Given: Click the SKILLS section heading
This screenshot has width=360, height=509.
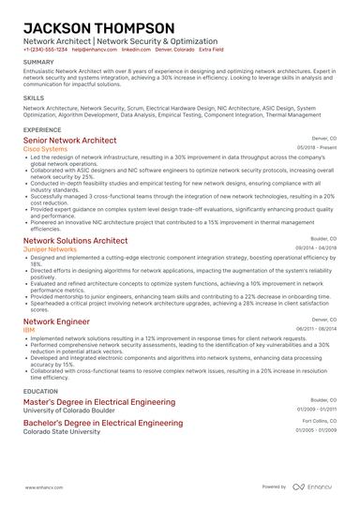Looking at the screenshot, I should [x=33, y=97].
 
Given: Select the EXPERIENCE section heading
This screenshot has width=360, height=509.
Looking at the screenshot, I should [x=42, y=129].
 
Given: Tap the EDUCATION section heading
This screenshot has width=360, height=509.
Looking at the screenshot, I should [x=40, y=390].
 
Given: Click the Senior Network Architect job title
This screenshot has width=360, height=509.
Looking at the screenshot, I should [x=76, y=140].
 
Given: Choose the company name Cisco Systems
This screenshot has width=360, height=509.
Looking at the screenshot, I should [x=45, y=148].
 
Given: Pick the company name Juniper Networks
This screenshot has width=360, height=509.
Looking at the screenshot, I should [x=48, y=249].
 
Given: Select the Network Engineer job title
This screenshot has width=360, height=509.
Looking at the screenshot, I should [x=63, y=322].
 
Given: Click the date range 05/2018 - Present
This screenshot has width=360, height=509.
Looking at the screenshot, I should [x=317, y=148].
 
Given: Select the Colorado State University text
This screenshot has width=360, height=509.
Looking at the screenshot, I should [x=63, y=432].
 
